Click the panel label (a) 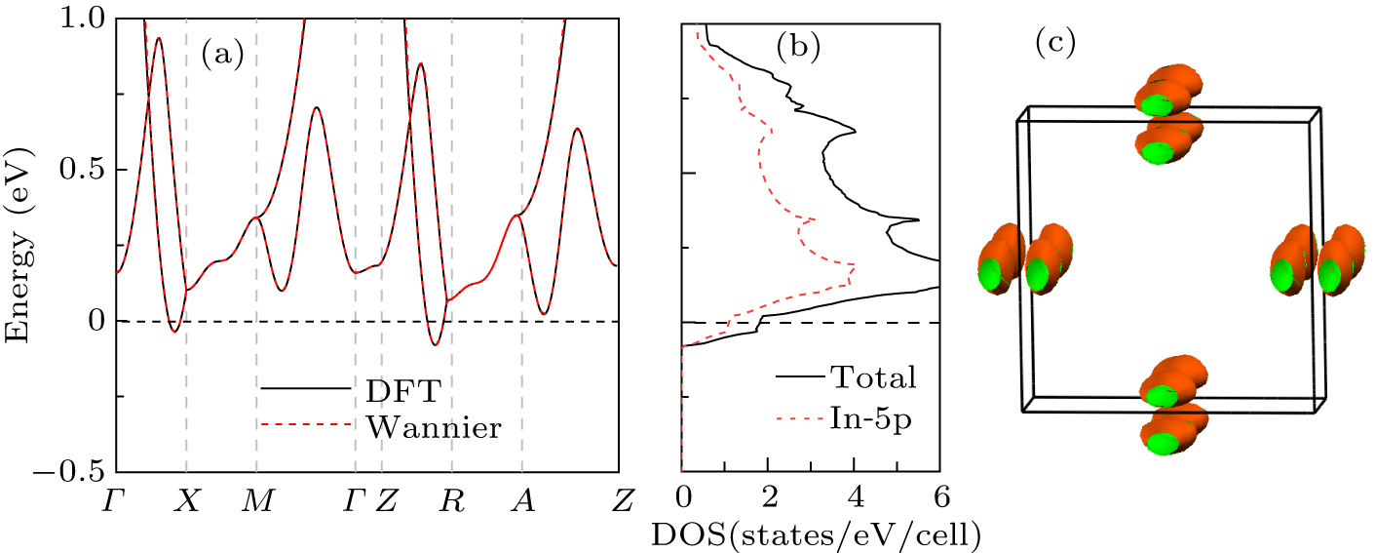(222, 56)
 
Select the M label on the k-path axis (256, 501)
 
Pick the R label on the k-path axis (451, 501)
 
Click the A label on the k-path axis (523, 501)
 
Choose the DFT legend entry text (401, 388)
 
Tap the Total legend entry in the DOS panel (872, 376)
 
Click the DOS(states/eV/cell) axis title (828, 534)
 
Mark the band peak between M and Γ (316, 107)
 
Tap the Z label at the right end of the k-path (620, 501)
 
